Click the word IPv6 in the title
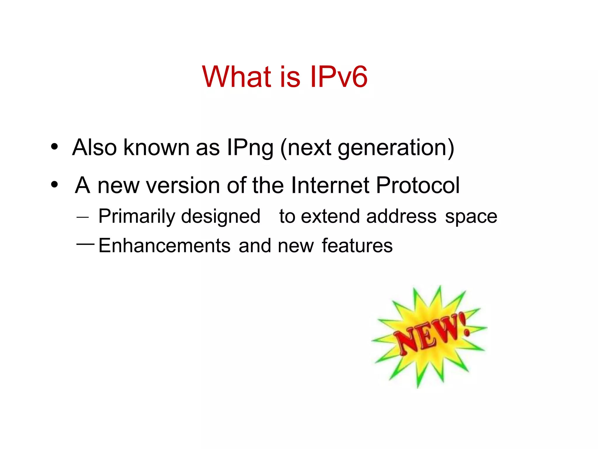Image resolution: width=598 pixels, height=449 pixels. point(338,77)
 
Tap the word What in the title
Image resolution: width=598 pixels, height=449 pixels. point(237,77)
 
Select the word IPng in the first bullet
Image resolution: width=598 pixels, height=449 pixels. point(250,148)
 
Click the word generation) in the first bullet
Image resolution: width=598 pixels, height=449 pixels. point(396,148)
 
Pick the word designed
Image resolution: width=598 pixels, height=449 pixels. point(220,217)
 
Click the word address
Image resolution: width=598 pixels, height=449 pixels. point(401,217)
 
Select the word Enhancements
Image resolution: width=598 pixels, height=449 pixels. point(164,246)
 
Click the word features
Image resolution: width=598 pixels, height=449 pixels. point(357,246)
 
